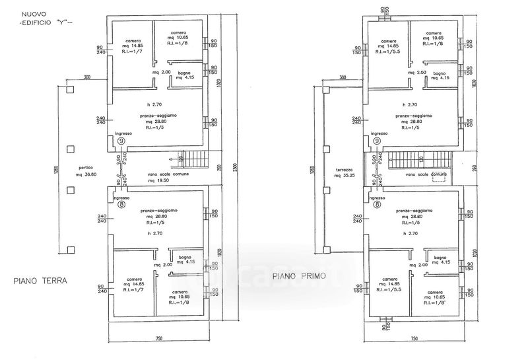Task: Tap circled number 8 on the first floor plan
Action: pyautogui.click(x=377, y=205)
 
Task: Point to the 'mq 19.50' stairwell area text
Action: pyautogui.click(x=159, y=180)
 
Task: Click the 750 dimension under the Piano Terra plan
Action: pyautogui.click(x=158, y=339)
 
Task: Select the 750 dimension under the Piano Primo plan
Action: pyautogui.click(x=414, y=339)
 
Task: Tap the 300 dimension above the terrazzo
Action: pyautogui.click(x=343, y=78)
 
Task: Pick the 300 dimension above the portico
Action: pyautogui.click(x=86, y=78)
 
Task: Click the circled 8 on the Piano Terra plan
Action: pyautogui.click(x=121, y=205)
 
